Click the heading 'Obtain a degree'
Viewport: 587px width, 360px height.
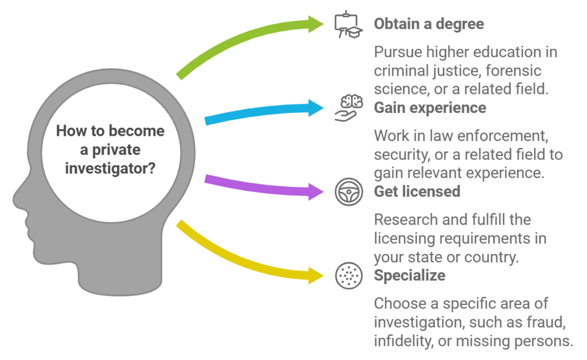click(429, 24)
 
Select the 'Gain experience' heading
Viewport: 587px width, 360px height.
click(430, 108)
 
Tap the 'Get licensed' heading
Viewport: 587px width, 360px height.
click(417, 191)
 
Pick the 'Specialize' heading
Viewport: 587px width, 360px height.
click(409, 275)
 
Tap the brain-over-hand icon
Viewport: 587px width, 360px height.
click(349, 108)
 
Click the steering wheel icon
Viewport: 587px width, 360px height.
click(347, 191)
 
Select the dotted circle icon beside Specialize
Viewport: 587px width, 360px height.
click(347, 276)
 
